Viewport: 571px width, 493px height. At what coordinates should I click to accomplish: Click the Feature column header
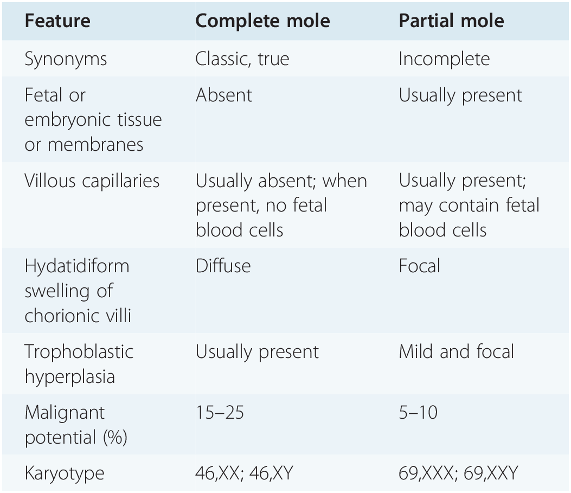pyautogui.click(x=57, y=21)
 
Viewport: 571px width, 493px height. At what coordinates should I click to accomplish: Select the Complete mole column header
pyautogui.click(x=262, y=21)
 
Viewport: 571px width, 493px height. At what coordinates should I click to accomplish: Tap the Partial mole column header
pyautogui.click(x=451, y=21)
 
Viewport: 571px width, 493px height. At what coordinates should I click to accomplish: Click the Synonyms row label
pyautogui.click(x=66, y=59)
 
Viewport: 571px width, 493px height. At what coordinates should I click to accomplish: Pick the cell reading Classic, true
pyautogui.click(x=242, y=59)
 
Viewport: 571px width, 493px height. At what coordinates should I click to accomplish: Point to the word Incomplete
pyautogui.click(x=444, y=59)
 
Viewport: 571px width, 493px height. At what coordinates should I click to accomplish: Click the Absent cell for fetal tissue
pyautogui.click(x=224, y=95)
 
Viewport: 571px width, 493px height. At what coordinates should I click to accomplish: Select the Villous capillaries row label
pyautogui.click(x=92, y=181)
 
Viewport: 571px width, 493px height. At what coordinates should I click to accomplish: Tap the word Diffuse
pyautogui.click(x=223, y=266)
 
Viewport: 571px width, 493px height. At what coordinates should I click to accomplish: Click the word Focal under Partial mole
pyautogui.click(x=420, y=266)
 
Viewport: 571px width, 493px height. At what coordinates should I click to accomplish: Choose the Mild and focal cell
pyautogui.click(x=456, y=352)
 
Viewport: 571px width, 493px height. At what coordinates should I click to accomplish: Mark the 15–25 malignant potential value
pyautogui.click(x=220, y=413)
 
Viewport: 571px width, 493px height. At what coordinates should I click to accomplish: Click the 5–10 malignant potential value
pyautogui.click(x=418, y=413)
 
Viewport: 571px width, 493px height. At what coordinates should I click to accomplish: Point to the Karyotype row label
pyautogui.click(x=65, y=473)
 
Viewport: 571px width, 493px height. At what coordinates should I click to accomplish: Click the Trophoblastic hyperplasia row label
pyautogui.click(x=79, y=364)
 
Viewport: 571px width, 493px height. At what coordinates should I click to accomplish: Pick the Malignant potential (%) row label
pyautogui.click(x=75, y=425)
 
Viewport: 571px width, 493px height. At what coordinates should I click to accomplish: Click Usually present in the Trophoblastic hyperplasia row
pyautogui.click(x=257, y=352)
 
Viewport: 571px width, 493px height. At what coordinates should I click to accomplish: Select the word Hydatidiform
pyautogui.click(x=77, y=266)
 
